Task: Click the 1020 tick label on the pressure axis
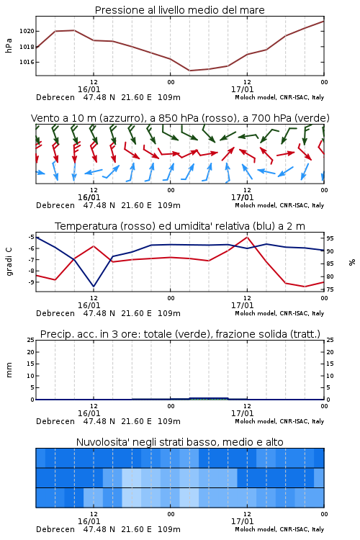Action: tap(27, 32)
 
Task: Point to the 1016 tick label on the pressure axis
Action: tap(27, 62)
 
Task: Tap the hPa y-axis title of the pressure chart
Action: tap(9, 45)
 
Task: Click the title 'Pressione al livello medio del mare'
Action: tap(180, 10)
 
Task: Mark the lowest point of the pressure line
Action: tap(190, 71)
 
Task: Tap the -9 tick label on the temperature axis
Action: tap(31, 282)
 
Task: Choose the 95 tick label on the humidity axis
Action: tap(330, 238)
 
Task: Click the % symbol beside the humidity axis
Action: tap(352, 262)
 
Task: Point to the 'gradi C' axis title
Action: tap(9, 261)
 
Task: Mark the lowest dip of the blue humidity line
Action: tap(94, 286)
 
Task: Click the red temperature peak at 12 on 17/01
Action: tap(247, 237)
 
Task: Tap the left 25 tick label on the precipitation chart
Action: tap(31, 340)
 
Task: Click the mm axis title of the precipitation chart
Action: tap(9, 370)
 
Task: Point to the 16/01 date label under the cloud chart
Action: tap(89, 521)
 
